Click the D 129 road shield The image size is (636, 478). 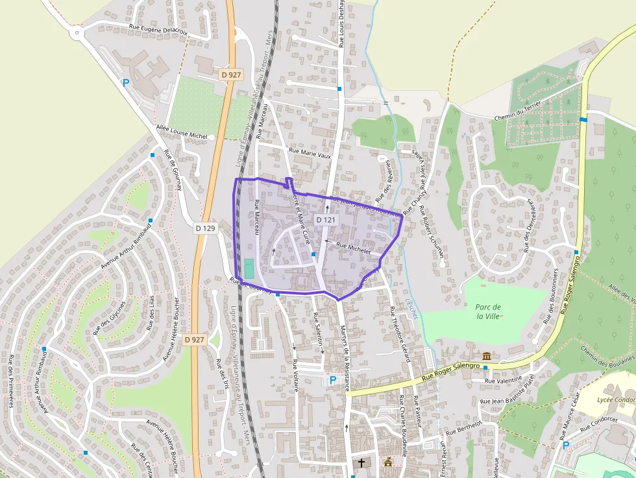[205, 228]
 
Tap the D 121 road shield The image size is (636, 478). [326, 220]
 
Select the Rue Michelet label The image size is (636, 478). [352, 248]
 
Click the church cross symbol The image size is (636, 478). [361, 463]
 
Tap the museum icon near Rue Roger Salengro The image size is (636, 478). [487, 356]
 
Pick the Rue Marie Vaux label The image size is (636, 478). [310, 154]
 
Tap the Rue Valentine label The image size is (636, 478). [503, 380]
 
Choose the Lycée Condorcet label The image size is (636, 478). [615, 400]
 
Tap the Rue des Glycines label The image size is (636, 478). [109, 318]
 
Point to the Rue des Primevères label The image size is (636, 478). [12, 381]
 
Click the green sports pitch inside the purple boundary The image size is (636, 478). [249, 267]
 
